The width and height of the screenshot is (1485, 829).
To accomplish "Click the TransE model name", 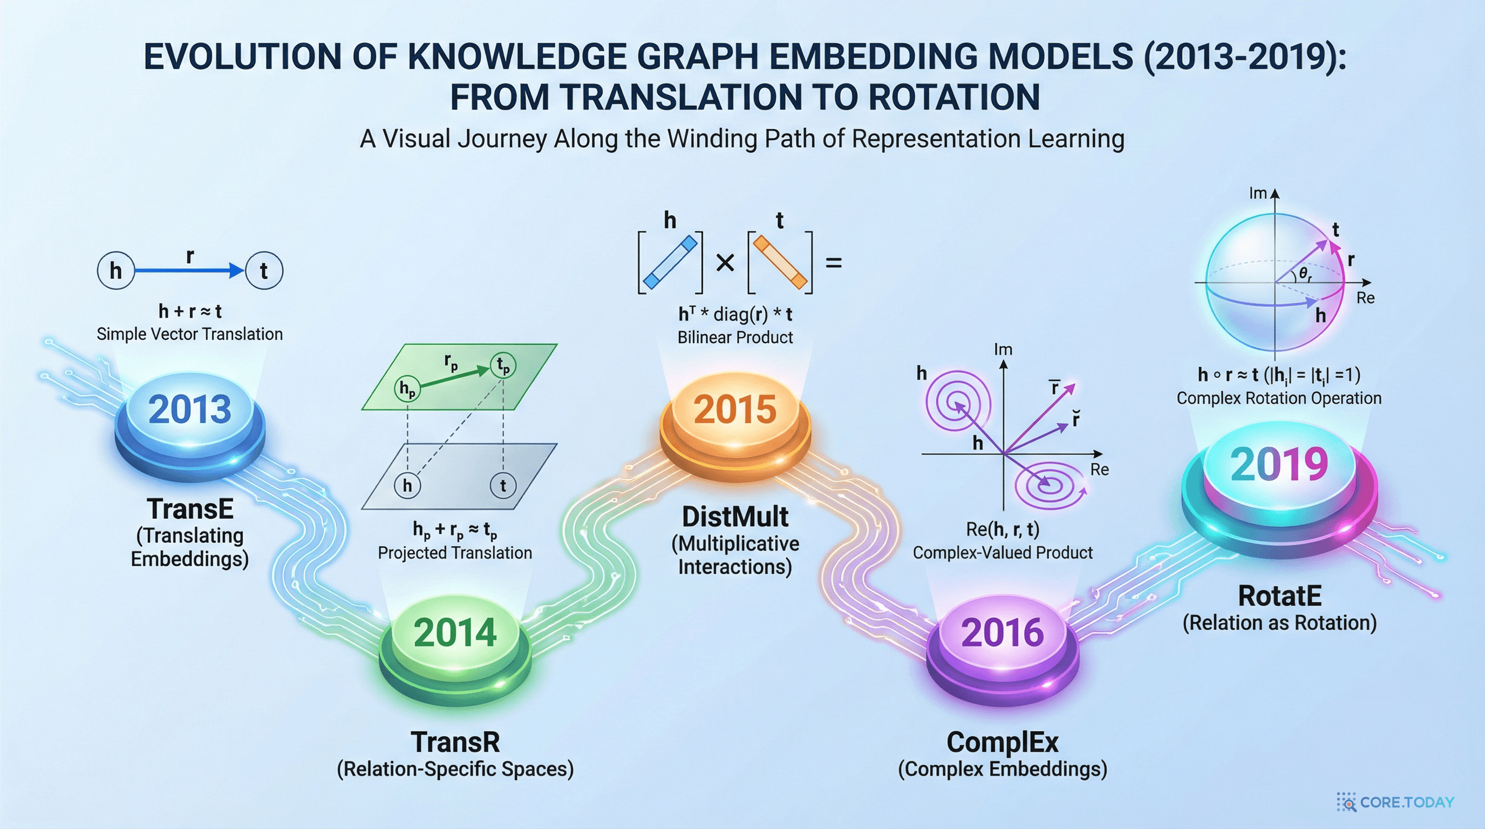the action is coord(190,509).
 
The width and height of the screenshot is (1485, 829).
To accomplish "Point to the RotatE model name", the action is coord(1280,596).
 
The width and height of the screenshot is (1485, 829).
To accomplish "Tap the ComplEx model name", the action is coord(1003,742).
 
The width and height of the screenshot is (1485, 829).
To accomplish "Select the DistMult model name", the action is coord(735,517).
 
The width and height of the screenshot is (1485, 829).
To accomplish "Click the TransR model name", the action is coord(455,742).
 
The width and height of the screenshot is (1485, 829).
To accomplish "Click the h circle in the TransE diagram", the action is coord(116,270).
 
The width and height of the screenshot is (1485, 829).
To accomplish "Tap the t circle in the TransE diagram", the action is coord(264,270).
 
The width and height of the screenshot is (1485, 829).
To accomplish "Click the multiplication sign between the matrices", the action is coord(725,263).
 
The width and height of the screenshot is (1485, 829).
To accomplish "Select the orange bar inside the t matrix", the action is coord(780,262).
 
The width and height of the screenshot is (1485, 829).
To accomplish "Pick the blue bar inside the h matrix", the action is coord(670,262).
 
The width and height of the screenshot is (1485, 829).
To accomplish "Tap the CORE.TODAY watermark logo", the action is coord(1395,802).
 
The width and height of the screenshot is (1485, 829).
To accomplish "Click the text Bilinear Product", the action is coord(735,337).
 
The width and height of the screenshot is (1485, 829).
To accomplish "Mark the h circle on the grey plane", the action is coord(407,485).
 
